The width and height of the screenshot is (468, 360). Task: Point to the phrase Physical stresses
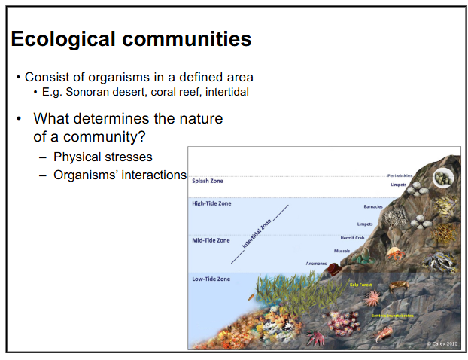coord(103,157)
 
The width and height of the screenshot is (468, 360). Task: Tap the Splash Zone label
coord(208,181)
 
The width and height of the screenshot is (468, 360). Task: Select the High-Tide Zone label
coord(211,203)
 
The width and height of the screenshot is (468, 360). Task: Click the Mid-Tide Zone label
coord(211,240)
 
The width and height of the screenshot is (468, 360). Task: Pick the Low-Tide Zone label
coord(211,279)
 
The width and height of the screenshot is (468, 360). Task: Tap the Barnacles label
coord(373,206)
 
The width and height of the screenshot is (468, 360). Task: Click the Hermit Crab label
coord(353,238)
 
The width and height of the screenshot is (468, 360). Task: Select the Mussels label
coord(342,251)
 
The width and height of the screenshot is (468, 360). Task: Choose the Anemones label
coord(316,264)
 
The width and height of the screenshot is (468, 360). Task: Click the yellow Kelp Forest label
coord(361,285)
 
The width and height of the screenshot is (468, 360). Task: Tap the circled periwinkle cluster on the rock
coord(443,178)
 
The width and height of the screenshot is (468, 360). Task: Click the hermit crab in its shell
coord(369,259)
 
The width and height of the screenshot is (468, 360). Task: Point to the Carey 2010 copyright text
coord(442,343)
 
